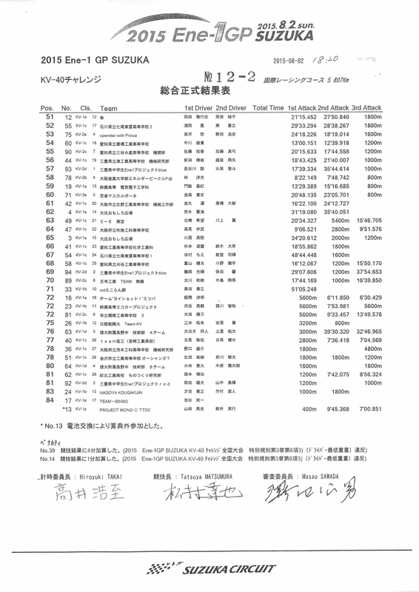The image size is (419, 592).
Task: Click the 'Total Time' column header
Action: point(269,108)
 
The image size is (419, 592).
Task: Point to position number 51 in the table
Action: point(50,117)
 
